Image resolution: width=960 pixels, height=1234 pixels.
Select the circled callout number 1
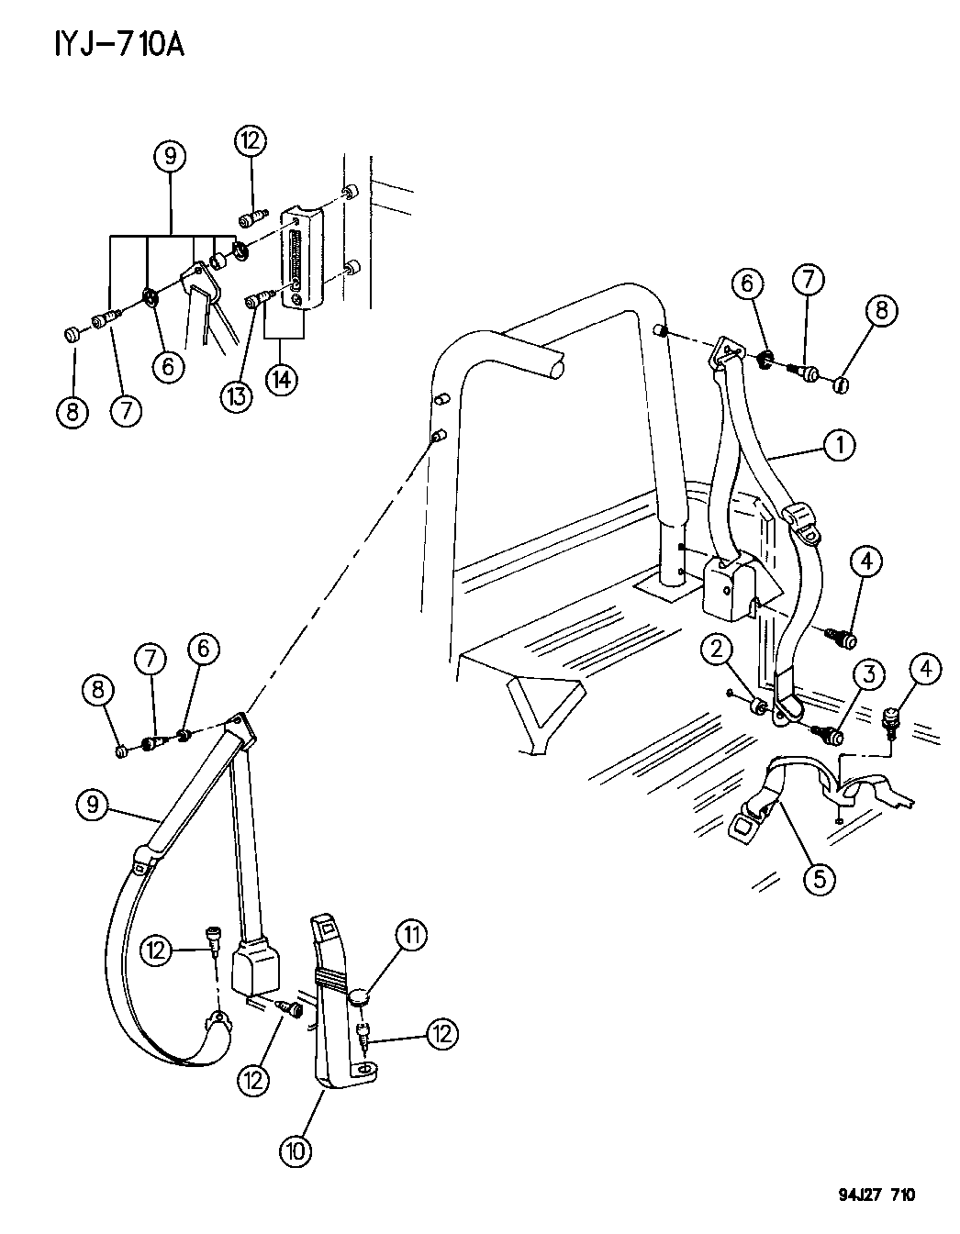coord(838,446)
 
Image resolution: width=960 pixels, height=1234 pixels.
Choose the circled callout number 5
coord(819,878)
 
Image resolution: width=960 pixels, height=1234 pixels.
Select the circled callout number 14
coord(282,379)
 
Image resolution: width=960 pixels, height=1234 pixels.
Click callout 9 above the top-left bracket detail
coord(170,156)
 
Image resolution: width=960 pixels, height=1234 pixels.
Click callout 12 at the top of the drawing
coord(250,141)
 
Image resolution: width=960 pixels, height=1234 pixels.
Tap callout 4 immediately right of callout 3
coord(926,671)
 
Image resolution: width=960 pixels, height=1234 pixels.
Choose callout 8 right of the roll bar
coord(881,310)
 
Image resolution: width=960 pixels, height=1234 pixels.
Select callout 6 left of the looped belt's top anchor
coord(204,650)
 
